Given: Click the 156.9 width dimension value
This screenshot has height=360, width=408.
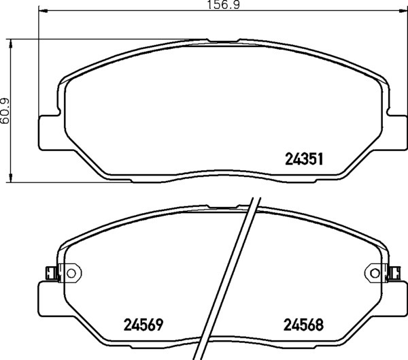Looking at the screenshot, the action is coord(223,5).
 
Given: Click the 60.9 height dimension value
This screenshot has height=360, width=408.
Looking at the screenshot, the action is coord(5,111).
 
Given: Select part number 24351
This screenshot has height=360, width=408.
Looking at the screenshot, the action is coord(304,159).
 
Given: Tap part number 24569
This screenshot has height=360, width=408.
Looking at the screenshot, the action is coord(143,325).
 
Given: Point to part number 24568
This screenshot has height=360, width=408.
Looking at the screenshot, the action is coord(303,325).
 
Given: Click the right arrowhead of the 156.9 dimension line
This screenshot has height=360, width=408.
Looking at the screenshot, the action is coord(403,11).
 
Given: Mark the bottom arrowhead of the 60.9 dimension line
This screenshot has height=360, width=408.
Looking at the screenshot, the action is coord(11,178).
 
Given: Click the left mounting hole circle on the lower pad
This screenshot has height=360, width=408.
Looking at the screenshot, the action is coord(71,274).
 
